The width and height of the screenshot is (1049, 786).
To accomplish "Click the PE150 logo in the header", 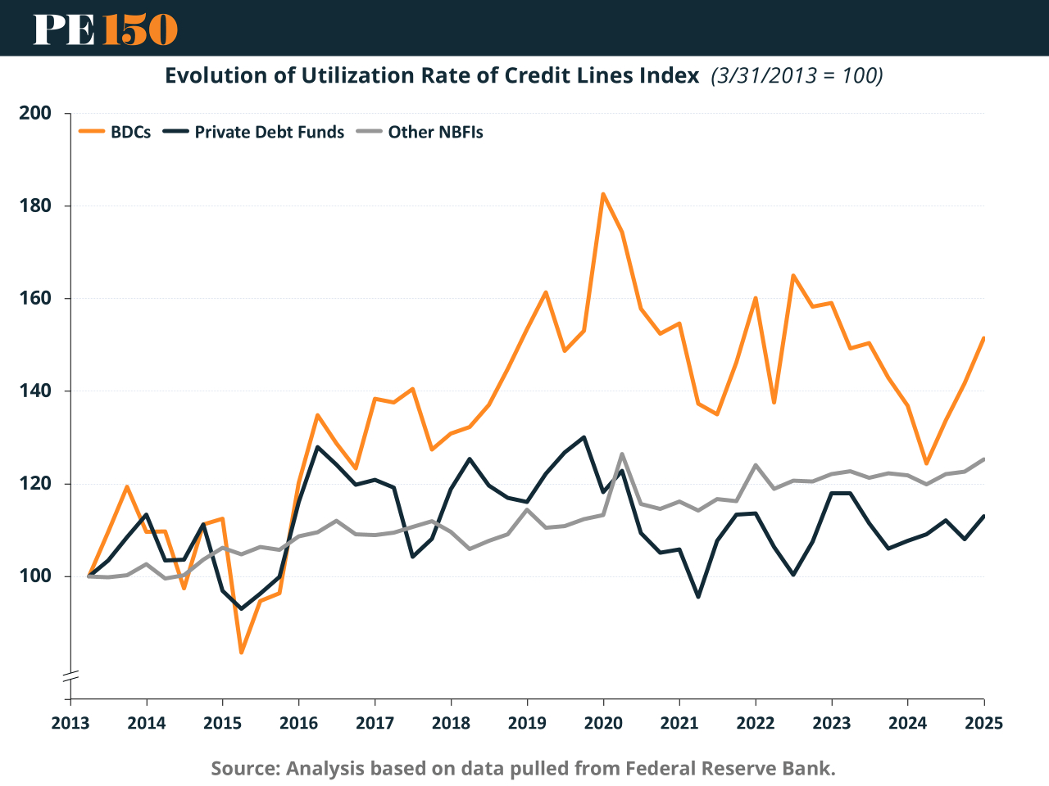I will (x=106, y=29).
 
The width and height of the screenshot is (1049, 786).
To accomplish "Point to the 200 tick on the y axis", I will (x=35, y=113).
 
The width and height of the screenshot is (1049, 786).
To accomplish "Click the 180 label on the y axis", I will (x=35, y=206).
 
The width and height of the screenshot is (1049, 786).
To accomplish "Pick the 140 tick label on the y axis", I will (x=35, y=391).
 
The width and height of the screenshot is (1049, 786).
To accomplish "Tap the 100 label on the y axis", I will (x=35, y=576).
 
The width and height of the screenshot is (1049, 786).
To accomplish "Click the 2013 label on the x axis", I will (x=70, y=723).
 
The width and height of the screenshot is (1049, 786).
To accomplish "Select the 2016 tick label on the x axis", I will (x=298, y=723).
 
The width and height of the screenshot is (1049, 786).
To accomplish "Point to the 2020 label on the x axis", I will (x=603, y=723).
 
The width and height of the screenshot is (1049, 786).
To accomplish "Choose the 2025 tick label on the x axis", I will (x=983, y=723).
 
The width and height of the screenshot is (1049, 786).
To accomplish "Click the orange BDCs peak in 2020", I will (x=603, y=194).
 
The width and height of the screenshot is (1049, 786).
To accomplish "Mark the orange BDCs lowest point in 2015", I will (x=241, y=653).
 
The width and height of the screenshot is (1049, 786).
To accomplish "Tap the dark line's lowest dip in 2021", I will (x=698, y=597).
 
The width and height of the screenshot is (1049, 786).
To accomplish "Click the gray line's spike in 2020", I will (x=622, y=454).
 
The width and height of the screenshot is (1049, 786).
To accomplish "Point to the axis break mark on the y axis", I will (x=70, y=676).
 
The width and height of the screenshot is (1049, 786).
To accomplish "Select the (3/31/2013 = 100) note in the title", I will (x=797, y=75).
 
